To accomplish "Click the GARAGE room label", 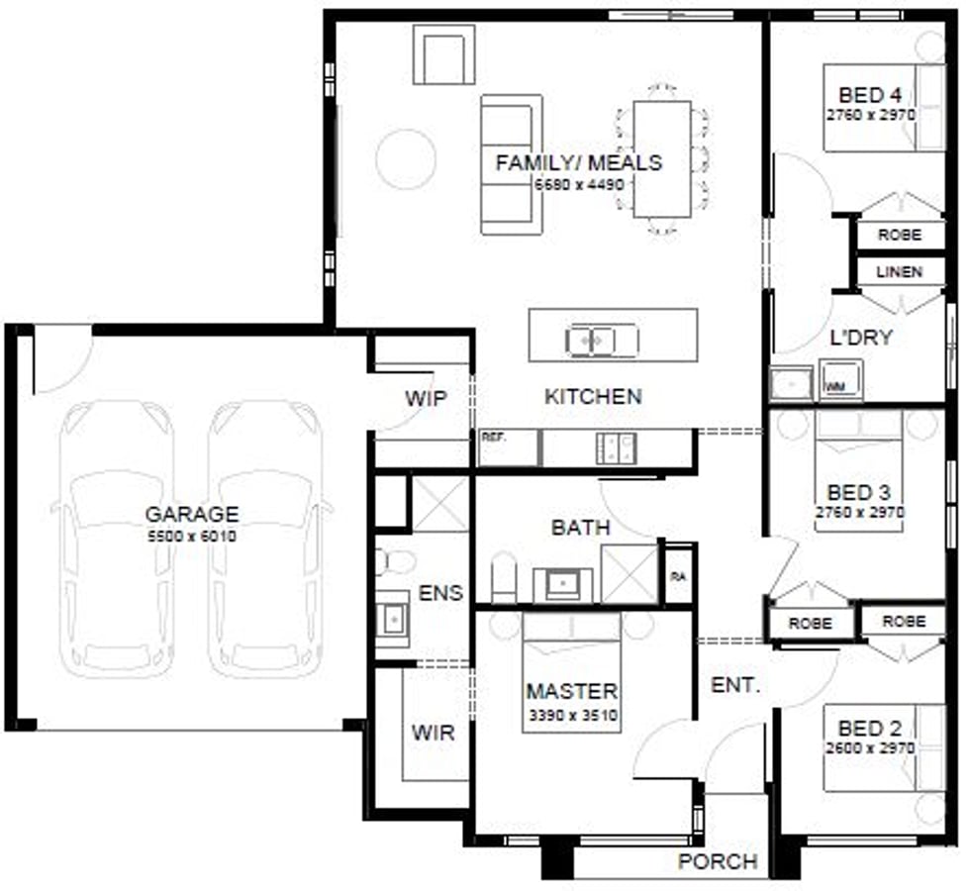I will (x=192, y=515).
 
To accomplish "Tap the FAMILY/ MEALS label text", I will (x=579, y=163).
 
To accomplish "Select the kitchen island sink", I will (x=602, y=341).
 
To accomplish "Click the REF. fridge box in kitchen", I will (x=509, y=447).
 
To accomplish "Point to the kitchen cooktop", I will (x=615, y=447).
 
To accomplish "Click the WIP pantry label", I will (x=426, y=399).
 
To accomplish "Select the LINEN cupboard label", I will (x=899, y=271).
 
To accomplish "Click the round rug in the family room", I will (x=405, y=158).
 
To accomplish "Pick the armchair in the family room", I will (x=443, y=54).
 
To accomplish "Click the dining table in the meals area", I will (x=662, y=158).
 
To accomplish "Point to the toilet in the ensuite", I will (x=394, y=562).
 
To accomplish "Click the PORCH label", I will (x=718, y=862).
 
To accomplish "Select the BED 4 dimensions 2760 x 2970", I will (x=870, y=115).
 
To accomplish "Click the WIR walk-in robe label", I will (x=433, y=734).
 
